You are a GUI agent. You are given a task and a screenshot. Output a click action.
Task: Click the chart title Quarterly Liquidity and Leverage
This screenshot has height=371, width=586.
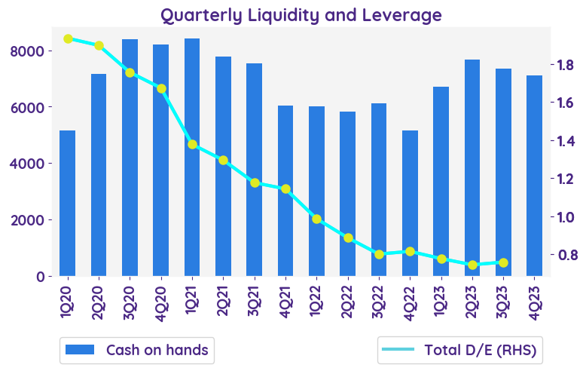[x=301, y=14]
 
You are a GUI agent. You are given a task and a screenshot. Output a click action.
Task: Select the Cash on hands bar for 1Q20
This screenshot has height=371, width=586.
[x=68, y=203]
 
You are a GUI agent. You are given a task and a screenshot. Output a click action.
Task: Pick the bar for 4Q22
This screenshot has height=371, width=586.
[x=410, y=203]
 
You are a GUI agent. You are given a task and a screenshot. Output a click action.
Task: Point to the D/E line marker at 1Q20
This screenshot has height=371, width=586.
[x=68, y=38]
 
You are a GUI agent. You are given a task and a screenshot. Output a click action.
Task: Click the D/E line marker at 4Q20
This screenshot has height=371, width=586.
[x=161, y=88]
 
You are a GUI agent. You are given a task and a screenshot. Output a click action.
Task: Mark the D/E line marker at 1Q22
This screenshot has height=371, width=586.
[x=316, y=219]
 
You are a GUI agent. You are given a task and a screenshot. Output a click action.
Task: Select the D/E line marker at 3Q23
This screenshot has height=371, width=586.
[x=503, y=262]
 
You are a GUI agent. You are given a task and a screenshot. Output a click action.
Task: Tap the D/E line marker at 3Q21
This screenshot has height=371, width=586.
[x=255, y=182]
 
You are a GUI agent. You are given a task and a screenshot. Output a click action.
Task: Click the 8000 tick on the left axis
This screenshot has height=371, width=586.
[x=35, y=51]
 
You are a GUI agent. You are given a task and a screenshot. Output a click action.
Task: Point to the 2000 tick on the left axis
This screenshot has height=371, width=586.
[x=35, y=219]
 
